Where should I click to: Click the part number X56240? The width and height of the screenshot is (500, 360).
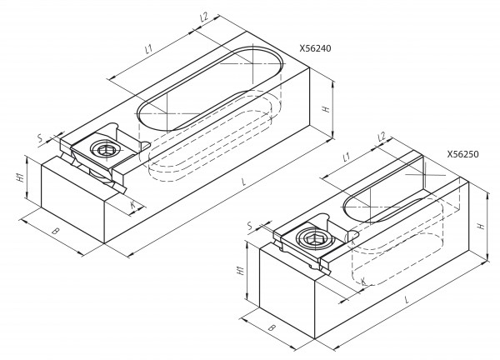tap(315, 48)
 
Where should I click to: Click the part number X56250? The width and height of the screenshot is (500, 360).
tap(462, 154)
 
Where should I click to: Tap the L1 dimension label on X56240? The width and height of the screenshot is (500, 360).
tap(149, 49)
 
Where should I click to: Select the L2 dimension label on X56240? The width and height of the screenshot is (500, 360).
tap(204, 17)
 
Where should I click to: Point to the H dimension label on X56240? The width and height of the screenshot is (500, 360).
tap(326, 108)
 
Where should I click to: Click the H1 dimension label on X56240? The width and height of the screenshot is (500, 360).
tap(20, 177)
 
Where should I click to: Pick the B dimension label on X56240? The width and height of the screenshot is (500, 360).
tap(56, 231)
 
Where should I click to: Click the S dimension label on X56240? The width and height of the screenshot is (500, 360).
tap(40, 138)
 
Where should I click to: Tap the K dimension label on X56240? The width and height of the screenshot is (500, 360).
tap(133, 205)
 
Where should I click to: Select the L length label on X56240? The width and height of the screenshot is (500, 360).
tap(244, 182)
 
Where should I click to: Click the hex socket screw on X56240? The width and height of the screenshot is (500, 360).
tap(106, 149)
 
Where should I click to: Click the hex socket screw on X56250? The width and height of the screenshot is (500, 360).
tap(314, 238)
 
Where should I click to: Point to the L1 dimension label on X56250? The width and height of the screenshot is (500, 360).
tap(347, 156)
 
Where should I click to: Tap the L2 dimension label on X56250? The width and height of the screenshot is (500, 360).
tap(382, 137)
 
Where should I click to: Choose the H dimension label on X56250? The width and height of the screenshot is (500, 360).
tap(481, 226)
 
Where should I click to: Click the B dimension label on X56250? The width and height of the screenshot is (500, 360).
tap(272, 327)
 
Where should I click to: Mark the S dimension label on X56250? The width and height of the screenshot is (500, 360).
tap(250, 226)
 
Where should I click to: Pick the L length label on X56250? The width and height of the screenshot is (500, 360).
tap(407, 299)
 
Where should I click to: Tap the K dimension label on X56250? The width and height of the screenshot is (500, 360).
tap(362, 281)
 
